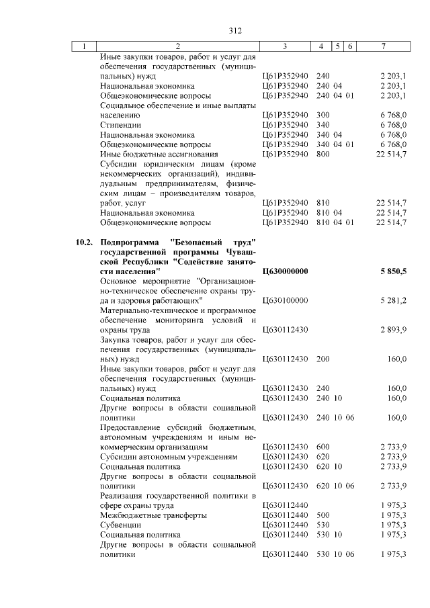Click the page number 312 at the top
[x=234, y=30]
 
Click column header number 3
[x=286, y=46]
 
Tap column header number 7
[x=383, y=46]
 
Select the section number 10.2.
[x=84, y=241]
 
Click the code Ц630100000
[x=285, y=300]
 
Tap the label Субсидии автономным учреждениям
[x=169, y=456]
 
